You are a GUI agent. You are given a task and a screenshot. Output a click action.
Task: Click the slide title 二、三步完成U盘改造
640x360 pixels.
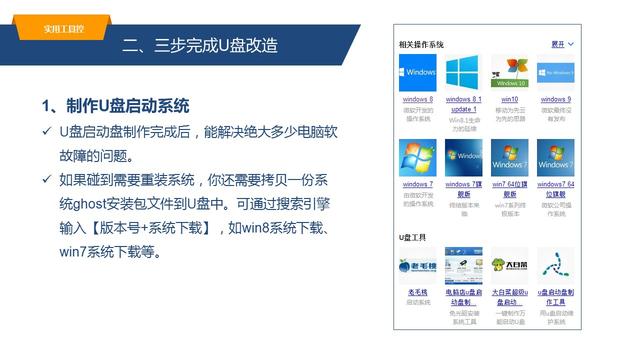[199, 45]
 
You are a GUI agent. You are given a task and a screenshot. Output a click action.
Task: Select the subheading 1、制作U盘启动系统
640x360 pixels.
[115, 106]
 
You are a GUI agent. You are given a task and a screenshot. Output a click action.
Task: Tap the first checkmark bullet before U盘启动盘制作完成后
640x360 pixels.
[46, 132]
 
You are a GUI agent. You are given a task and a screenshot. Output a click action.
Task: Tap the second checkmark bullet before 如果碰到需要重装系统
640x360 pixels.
[46, 180]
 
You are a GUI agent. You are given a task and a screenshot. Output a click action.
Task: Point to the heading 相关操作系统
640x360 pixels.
[421, 45]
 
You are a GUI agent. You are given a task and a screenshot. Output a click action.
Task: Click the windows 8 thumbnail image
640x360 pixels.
[417, 73]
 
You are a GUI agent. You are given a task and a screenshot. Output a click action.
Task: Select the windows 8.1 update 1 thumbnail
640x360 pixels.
[463, 73]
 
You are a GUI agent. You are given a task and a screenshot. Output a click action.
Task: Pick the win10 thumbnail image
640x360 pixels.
[509, 73]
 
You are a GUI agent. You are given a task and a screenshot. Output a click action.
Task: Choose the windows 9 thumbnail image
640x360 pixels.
[555, 73]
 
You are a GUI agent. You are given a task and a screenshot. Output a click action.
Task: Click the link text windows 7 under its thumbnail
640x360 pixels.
[417, 185]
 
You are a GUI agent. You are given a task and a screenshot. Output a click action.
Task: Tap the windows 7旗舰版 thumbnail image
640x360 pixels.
[463, 158]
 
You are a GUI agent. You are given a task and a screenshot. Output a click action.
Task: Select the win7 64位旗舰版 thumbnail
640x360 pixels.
[509, 158]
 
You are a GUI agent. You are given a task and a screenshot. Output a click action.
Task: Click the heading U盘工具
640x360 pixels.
[413, 238]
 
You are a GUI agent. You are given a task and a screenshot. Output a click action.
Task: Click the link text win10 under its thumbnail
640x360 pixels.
[509, 100]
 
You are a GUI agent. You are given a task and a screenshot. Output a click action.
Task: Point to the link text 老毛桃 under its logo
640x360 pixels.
[417, 292]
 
